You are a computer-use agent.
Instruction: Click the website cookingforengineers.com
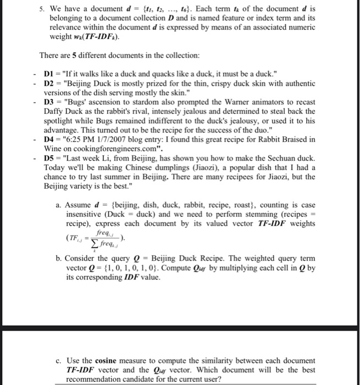[x=110, y=148]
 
